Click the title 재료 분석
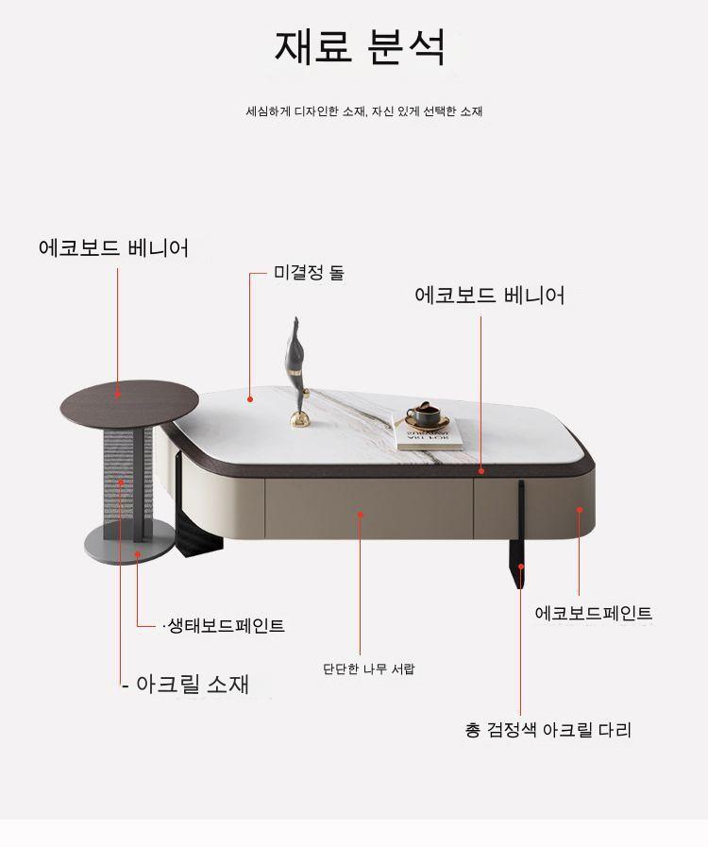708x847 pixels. coord(361,46)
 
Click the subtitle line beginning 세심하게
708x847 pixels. coord(364,111)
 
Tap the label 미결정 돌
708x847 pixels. coord(309,272)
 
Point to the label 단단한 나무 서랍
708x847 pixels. coord(369,669)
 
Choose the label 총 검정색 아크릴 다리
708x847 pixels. coord(548,730)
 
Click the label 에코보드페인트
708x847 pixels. coord(594,613)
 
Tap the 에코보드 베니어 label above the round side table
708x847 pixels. coord(114,248)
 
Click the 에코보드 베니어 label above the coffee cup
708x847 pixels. coord(490,295)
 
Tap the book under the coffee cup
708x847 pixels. coord(430,437)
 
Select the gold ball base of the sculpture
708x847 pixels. coord(300,418)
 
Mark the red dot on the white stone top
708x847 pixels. coord(250,399)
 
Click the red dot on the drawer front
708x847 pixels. coord(361,515)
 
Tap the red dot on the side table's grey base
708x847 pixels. coord(138,553)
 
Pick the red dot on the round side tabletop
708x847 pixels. coord(118,395)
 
